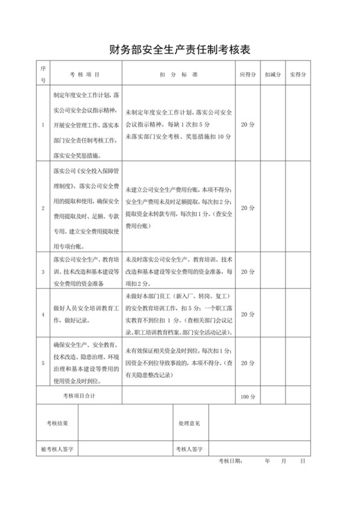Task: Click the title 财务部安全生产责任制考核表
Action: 179,49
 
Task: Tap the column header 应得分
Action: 248,74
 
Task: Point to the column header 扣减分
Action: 273,74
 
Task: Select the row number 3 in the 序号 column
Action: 43,271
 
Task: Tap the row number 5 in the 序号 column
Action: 43,362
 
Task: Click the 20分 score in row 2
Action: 248,208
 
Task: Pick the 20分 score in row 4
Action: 248,314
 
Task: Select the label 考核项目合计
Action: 79,397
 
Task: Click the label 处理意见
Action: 190,424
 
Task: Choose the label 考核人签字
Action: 190,449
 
